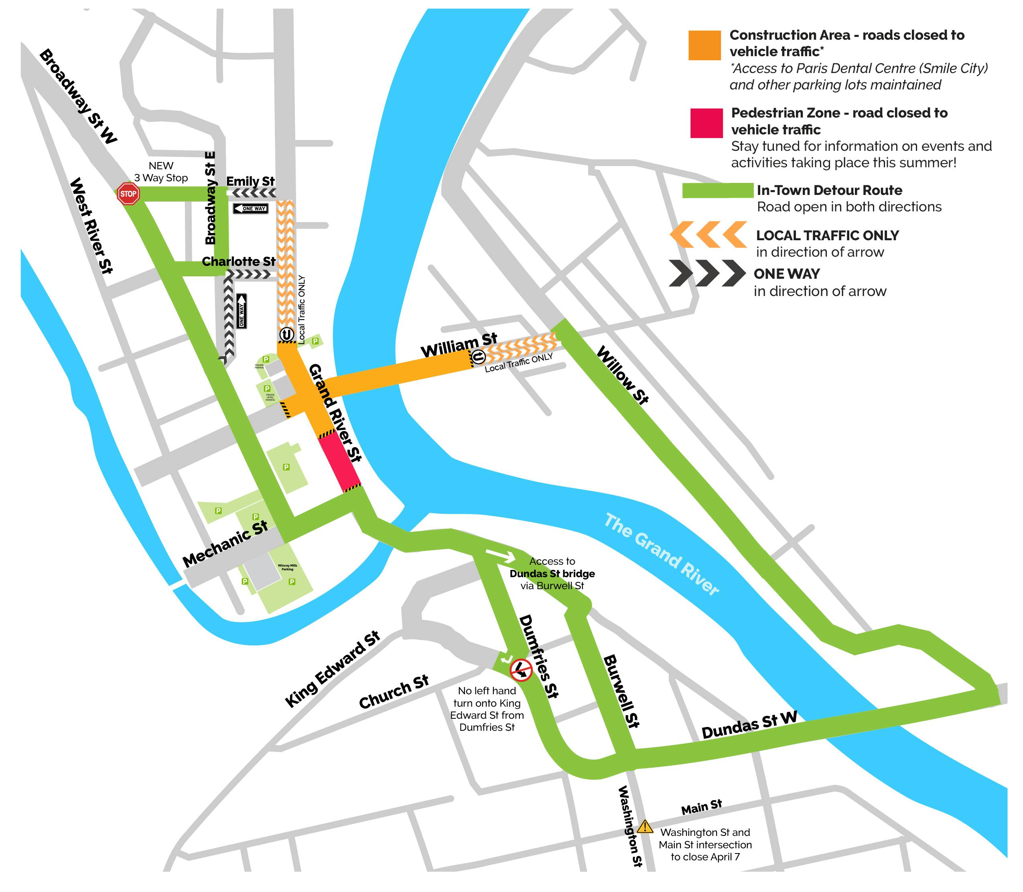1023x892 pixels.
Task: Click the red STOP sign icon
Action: [128, 194]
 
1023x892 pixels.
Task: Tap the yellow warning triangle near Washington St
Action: [645, 827]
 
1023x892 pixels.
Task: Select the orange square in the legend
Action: [704, 45]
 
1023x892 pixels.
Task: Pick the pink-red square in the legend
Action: [706, 123]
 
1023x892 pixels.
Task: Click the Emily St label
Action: [250, 181]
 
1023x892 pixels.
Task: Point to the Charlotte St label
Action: [238, 262]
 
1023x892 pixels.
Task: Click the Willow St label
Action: [622, 375]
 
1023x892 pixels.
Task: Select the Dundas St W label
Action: [749, 725]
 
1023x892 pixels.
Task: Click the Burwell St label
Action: [621, 691]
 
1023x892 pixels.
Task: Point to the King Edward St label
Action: [333, 669]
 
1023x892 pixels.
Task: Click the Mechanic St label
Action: [225, 543]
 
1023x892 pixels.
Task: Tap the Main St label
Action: [701, 807]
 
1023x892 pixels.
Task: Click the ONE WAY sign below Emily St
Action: [250, 209]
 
